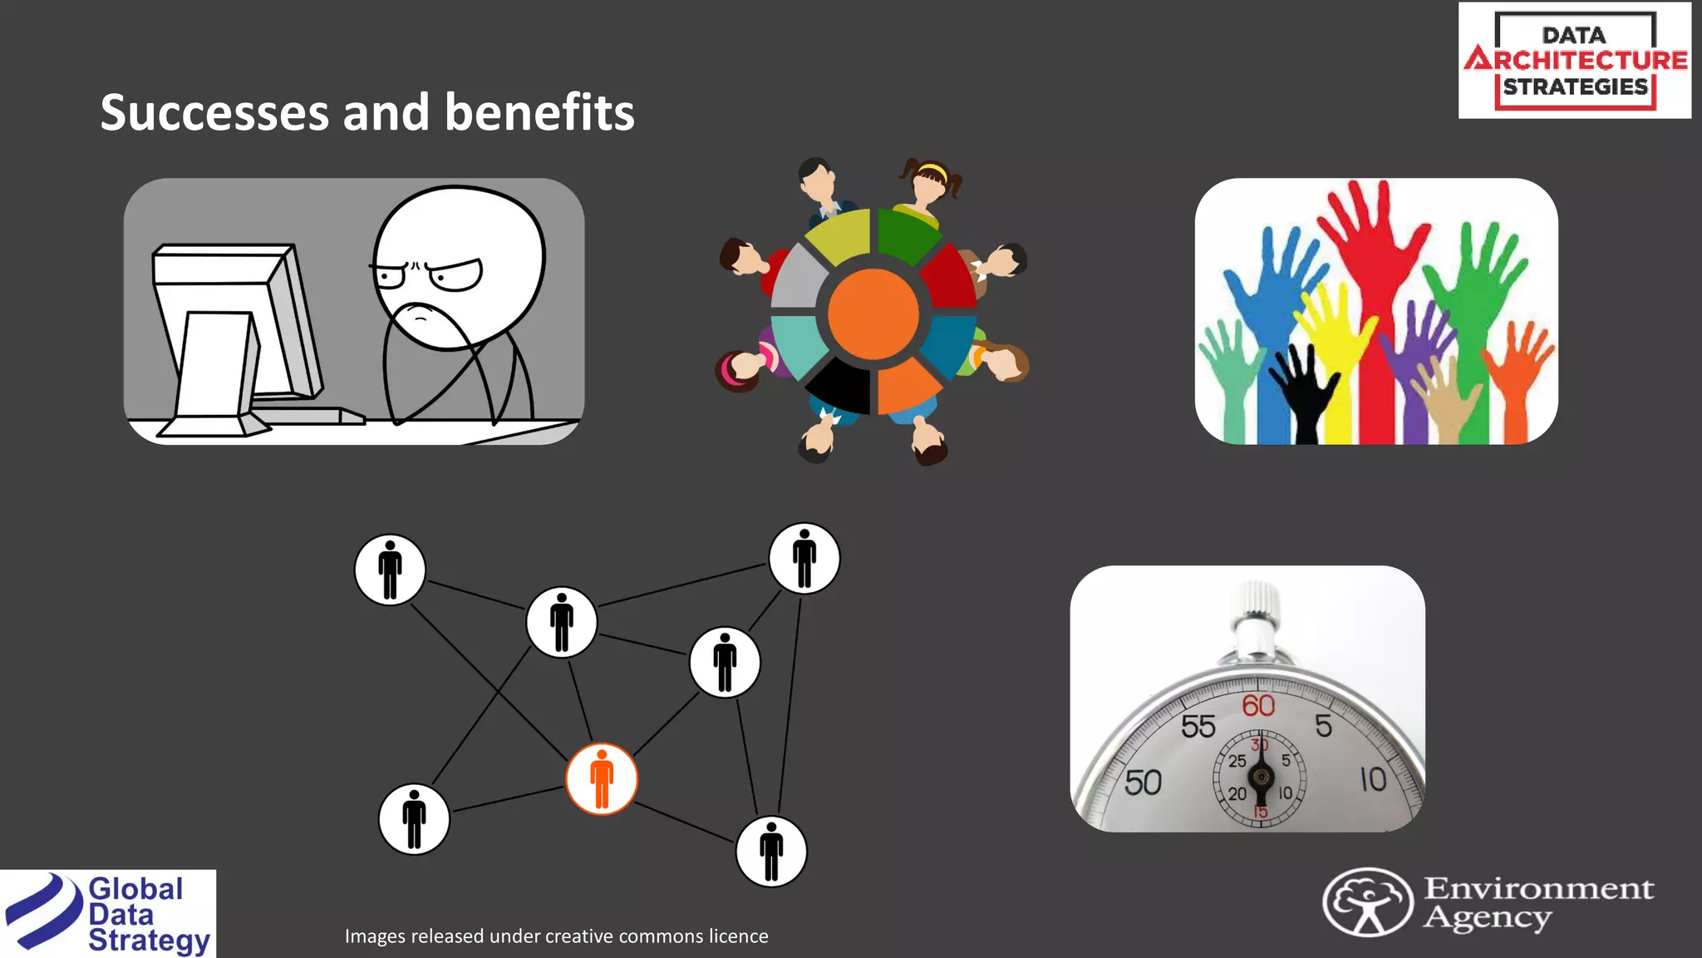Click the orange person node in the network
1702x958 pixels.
[602, 779]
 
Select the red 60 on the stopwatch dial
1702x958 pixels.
[1258, 706]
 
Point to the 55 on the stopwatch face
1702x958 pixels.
[1198, 727]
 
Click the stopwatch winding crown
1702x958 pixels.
[1257, 600]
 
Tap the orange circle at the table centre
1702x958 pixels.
[873, 314]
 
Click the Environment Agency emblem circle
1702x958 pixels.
[1367, 902]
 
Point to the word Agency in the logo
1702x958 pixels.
[1487, 918]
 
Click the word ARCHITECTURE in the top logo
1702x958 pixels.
[1576, 60]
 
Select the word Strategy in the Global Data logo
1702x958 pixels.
[149, 941]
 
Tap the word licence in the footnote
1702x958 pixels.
[738, 936]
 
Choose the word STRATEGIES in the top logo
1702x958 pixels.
[1575, 86]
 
